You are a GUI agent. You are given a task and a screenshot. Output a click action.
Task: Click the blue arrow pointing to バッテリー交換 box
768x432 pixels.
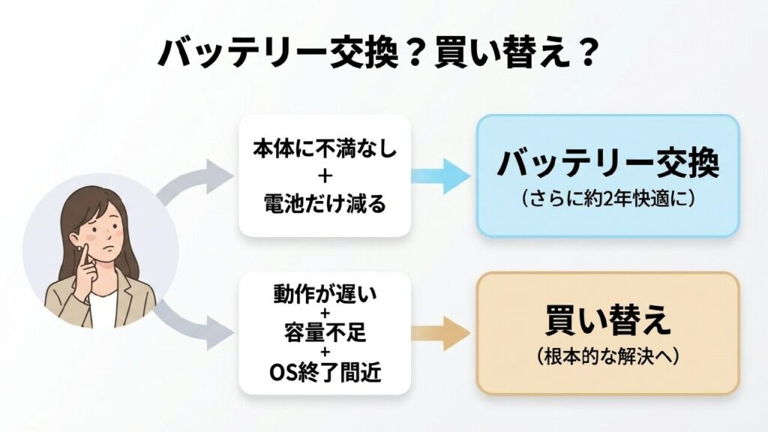click(443, 175)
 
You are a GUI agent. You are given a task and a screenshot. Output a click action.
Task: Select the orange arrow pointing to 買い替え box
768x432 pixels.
click(443, 333)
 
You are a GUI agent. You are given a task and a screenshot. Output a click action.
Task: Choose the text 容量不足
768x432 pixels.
click(325, 333)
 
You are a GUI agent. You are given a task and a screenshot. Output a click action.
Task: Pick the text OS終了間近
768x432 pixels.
click(325, 370)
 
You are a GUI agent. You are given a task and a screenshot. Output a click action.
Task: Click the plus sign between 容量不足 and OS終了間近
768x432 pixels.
click(325, 352)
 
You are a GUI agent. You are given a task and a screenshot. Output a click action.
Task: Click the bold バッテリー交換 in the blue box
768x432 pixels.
click(607, 164)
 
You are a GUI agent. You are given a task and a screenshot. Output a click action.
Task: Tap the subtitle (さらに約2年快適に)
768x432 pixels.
click(607, 200)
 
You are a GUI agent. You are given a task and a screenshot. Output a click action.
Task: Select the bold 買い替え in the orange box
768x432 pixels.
click(607, 321)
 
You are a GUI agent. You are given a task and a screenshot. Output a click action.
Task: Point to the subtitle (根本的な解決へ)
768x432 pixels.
click(607, 357)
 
